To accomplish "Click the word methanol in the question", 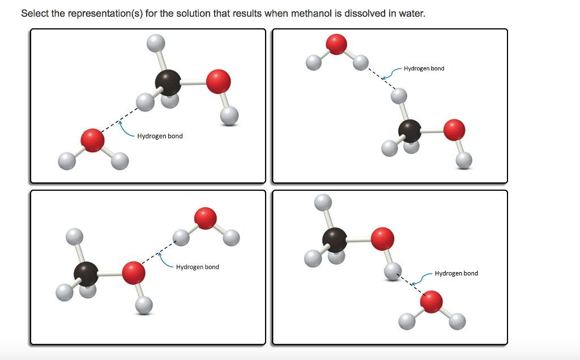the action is pyautogui.click(x=312, y=14).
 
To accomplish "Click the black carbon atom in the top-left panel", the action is pyautogui.click(x=168, y=83).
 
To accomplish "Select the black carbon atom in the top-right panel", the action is pyautogui.click(x=410, y=131).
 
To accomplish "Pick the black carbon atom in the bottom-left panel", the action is pyautogui.click(x=86, y=274).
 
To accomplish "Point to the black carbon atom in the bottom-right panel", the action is pyautogui.click(x=335, y=240).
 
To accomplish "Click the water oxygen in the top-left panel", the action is pyautogui.click(x=92, y=140).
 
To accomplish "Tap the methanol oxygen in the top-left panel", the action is pyautogui.click(x=218, y=82).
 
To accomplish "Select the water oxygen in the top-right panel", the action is pyautogui.click(x=336, y=44).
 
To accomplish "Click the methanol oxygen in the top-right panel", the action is pyautogui.click(x=454, y=130).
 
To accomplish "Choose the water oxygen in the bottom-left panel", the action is pyautogui.click(x=205, y=218).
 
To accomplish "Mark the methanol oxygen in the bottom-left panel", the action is pyautogui.click(x=134, y=273).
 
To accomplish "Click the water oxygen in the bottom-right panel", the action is pyautogui.click(x=431, y=302).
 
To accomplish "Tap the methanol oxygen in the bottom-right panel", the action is pyautogui.click(x=382, y=239).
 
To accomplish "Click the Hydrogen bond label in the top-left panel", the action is pyautogui.click(x=160, y=136).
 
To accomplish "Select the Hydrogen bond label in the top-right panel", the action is pyautogui.click(x=424, y=68).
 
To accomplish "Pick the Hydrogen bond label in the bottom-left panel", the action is pyautogui.click(x=198, y=267).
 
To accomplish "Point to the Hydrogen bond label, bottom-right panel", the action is pyautogui.click(x=457, y=273).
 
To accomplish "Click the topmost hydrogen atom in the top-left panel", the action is pyautogui.click(x=156, y=43).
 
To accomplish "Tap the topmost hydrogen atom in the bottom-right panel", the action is pyautogui.click(x=323, y=202).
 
